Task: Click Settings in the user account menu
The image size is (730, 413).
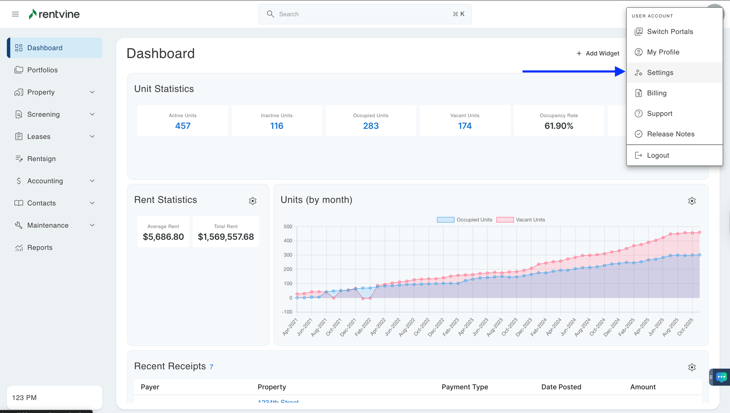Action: [660, 72]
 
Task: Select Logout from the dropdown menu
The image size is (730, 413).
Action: [658, 155]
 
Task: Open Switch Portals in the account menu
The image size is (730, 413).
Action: [669, 32]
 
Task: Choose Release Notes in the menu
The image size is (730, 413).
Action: [670, 134]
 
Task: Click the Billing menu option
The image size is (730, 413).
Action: [656, 93]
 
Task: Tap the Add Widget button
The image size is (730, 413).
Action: [597, 53]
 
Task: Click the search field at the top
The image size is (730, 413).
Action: [364, 14]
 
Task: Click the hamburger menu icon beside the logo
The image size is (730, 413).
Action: [15, 14]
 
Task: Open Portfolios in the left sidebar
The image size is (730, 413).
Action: [42, 70]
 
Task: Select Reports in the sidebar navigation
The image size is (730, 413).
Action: [40, 247]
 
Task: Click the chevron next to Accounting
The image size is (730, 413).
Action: [92, 181]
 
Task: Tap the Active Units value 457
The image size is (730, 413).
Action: [182, 126]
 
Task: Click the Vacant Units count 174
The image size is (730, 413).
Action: [464, 126]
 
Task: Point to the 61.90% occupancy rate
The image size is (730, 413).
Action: [558, 126]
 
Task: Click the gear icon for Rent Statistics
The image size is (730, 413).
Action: [253, 201]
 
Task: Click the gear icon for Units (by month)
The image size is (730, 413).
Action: [691, 201]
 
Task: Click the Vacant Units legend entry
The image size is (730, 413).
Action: [521, 220]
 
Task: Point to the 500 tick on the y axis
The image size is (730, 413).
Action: [288, 227]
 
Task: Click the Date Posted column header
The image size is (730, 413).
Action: [561, 387]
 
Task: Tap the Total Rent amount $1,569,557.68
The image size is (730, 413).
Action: [226, 237]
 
